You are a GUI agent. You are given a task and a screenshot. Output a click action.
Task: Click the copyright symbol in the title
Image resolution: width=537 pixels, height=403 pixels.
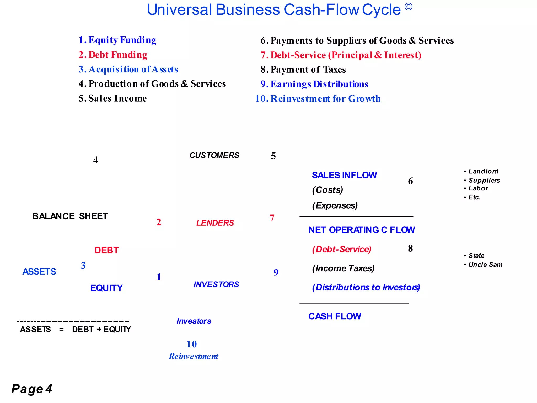click(408, 7)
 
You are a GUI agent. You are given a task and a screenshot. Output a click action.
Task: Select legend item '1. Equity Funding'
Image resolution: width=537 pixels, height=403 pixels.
click(117, 40)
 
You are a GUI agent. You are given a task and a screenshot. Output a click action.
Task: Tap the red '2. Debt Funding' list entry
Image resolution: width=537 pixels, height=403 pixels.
click(113, 55)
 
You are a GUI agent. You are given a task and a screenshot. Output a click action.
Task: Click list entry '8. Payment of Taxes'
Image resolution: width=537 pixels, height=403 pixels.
click(303, 70)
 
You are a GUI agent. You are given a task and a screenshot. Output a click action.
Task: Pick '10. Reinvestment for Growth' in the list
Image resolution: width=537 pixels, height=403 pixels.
click(318, 99)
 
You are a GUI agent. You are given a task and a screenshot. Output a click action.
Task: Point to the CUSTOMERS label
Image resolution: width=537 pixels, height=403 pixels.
click(214, 155)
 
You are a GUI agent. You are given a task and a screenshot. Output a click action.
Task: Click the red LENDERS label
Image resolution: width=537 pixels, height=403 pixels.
click(215, 223)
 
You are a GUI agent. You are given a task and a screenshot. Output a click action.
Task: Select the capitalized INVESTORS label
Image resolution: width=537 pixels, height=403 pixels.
click(216, 284)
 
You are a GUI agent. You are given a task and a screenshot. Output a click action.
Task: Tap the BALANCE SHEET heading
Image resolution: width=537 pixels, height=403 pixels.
click(70, 216)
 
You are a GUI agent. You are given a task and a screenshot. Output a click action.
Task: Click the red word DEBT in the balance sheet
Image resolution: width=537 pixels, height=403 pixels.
click(106, 250)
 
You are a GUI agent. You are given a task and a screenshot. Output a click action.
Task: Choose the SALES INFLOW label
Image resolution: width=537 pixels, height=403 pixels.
click(344, 175)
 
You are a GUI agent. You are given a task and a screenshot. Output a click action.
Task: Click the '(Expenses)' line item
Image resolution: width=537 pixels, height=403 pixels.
click(335, 205)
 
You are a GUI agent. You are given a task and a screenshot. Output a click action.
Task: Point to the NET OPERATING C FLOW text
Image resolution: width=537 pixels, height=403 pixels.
click(362, 230)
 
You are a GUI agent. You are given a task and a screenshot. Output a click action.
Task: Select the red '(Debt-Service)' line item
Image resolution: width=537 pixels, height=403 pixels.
click(342, 249)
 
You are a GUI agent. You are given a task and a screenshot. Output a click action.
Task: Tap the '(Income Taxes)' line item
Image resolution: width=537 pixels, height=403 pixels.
click(343, 268)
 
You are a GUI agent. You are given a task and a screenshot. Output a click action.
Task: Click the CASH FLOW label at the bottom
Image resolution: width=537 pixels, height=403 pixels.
click(335, 316)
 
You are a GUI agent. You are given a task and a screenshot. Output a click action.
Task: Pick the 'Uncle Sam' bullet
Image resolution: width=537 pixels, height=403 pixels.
click(485, 265)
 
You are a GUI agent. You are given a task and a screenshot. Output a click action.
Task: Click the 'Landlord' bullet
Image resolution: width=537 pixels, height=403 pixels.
click(483, 171)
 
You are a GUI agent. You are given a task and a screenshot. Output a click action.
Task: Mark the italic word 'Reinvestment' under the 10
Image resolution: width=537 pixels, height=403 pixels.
click(194, 356)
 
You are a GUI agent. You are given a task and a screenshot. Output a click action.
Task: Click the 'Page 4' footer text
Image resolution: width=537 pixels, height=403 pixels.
click(32, 389)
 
